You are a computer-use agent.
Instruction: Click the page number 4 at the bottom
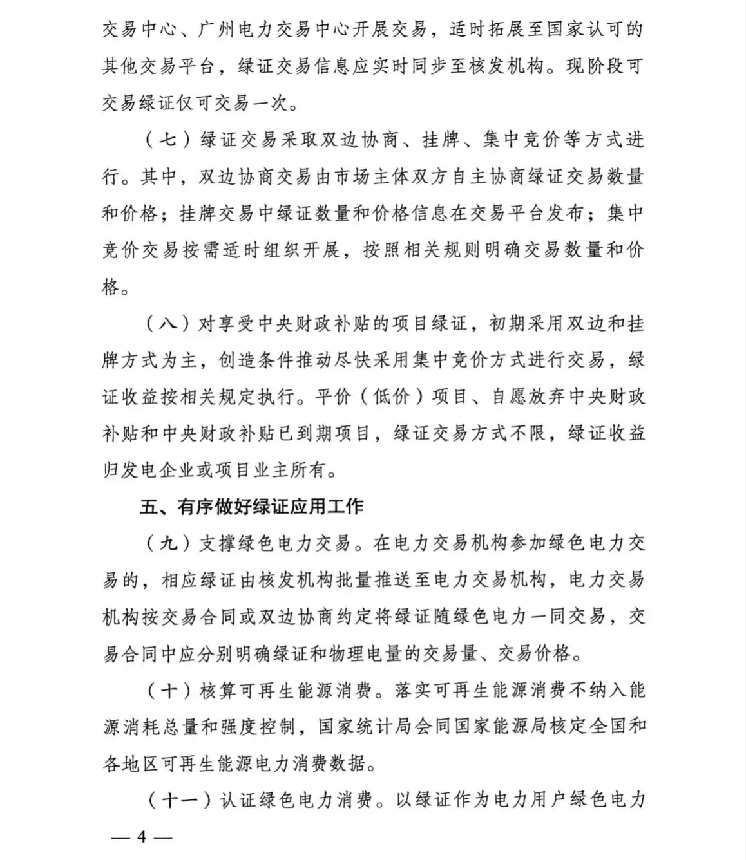[142, 837]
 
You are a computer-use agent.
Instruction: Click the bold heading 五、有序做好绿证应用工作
[251, 507]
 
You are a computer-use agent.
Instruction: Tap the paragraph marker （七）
[167, 139]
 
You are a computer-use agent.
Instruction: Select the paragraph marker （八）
[167, 323]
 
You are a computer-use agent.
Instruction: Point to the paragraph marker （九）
[167, 543]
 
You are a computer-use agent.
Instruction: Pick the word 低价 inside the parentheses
[391, 397]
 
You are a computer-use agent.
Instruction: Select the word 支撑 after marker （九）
[219, 543]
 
